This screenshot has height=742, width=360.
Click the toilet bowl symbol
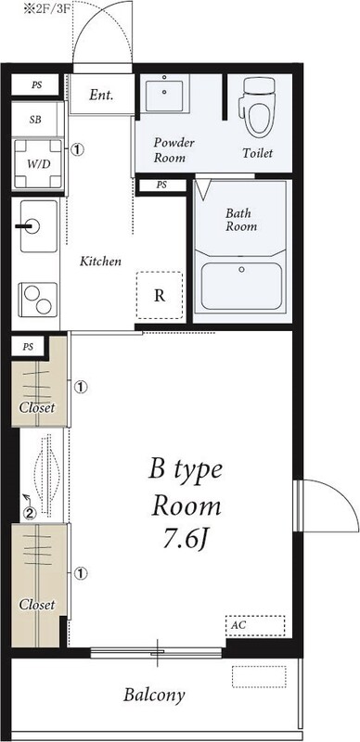point(258,108)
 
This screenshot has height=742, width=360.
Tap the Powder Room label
point(174,150)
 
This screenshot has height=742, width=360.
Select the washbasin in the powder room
point(164,96)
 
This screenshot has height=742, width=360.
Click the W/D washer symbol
point(37,164)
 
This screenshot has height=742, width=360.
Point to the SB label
point(35,120)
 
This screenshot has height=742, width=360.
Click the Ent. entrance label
point(101,96)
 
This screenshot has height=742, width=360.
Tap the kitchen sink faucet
point(28,226)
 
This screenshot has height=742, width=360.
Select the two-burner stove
point(37,300)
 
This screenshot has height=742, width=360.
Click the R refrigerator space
point(160,295)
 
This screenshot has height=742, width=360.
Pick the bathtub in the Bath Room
point(241,287)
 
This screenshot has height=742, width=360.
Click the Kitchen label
point(100,261)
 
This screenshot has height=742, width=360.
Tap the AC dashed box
point(255,625)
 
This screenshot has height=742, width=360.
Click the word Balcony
point(154,695)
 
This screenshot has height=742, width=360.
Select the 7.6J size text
point(186,541)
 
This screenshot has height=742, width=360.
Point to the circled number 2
point(30,513)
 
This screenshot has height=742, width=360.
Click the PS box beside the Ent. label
point(36,85)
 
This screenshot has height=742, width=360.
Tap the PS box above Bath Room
point(161,185)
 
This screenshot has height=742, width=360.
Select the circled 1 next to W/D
point(77,149)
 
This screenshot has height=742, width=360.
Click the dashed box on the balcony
point(259,677)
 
